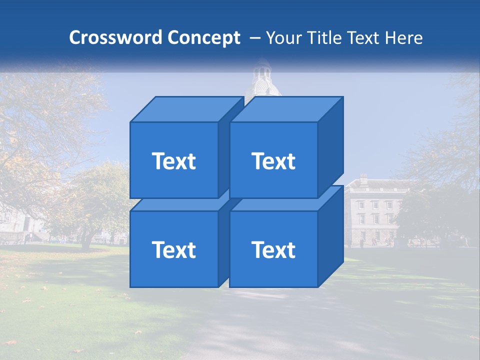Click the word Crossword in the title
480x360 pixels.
click(116, 38)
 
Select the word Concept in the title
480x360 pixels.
click(203, 38)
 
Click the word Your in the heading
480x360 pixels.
click(284, 38)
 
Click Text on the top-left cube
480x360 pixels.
click(173, 161)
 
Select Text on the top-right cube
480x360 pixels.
click(273, 161)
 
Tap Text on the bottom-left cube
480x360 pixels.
click(173, 249)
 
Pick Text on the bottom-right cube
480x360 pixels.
click(273, 249)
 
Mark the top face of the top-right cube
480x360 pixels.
click(286, 109)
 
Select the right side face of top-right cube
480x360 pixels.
click(330, 145)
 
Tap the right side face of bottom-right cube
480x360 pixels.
click(330, 235)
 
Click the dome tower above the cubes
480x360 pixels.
click(261, 80)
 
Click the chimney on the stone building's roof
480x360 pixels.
click(363, 178)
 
